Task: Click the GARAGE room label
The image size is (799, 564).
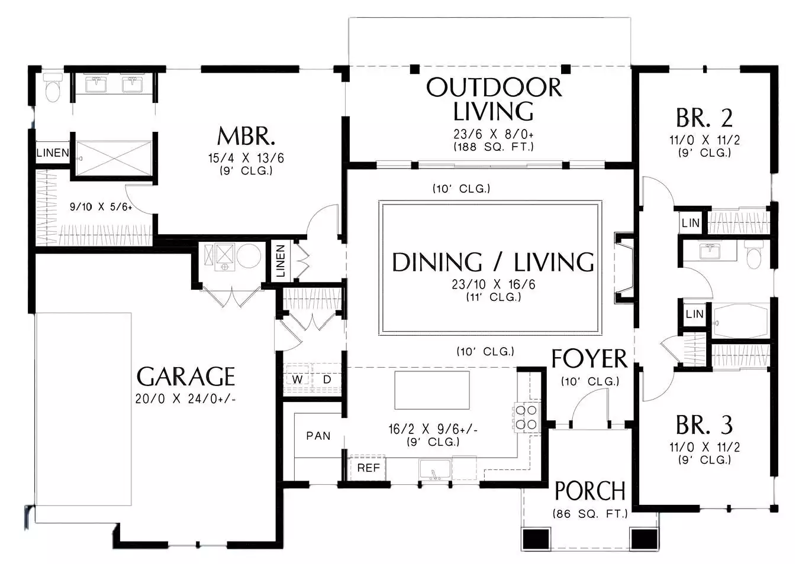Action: tap(186, 377)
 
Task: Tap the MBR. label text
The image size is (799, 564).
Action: tap(246, 136)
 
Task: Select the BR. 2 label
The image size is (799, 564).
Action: tap(704, 118)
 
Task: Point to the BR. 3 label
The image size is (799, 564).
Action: tap(704, 424)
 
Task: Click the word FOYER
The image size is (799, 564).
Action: tap(589, 358)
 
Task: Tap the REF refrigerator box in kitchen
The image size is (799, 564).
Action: tap(368, 468)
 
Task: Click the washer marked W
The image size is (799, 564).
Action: tap(298, 379)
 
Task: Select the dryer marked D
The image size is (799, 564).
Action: tap(327, 379)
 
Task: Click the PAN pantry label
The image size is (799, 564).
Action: tap(318, 436)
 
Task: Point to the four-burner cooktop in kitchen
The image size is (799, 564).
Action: tap(527, 417)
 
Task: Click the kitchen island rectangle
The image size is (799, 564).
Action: tap(432, 390)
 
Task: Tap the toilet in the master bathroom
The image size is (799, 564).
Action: tap(53, 87)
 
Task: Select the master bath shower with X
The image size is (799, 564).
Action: tap(114, 158)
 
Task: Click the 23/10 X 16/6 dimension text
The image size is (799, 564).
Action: tap(494, 284)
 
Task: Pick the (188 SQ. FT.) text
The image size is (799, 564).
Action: tap(494, 147)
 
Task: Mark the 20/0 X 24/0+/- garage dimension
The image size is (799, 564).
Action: tap(185, 398)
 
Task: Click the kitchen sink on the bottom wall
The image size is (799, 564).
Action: tap(434, 469)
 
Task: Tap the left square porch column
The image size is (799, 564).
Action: tap(536, 539)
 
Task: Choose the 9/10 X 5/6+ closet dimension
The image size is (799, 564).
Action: tap(101, 207)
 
